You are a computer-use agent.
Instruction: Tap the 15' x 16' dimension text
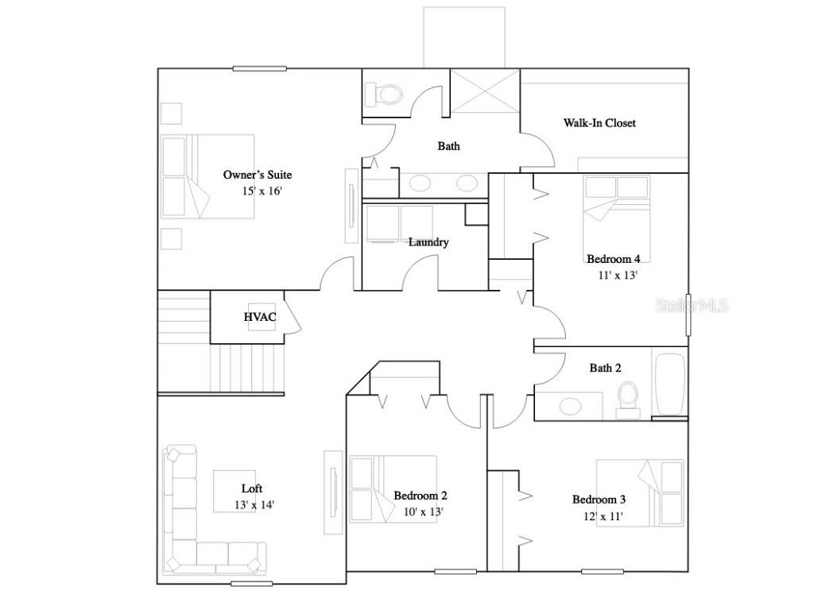263,191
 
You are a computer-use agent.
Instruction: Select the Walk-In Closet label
599,123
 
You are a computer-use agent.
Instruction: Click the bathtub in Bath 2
669,384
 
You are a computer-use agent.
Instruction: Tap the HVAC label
260,318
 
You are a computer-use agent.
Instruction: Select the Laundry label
428,242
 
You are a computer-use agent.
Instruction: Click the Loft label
252,488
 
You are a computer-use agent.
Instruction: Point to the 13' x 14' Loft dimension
254,504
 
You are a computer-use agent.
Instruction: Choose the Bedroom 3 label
599,500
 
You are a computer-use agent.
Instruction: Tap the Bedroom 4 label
614,259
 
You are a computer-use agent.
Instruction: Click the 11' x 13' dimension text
618,275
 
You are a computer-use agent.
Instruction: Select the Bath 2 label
605,368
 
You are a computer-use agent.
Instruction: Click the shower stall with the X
485,93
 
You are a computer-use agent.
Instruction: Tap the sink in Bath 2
570,407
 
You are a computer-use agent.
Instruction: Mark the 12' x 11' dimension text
602,516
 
